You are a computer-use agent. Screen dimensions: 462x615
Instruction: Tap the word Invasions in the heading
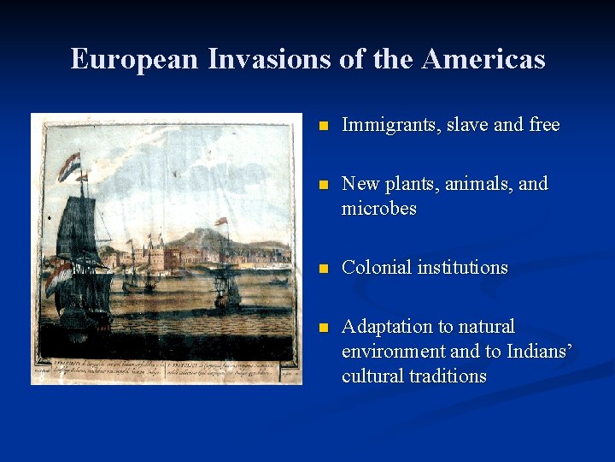(x=243, y=59)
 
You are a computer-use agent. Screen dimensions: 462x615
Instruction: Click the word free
(x=543, y=125)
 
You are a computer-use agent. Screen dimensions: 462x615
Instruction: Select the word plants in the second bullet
(x=407, y=184)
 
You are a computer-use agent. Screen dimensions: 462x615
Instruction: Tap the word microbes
(x=378, y=209)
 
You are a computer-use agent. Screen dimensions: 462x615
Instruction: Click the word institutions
(x=462, y=268)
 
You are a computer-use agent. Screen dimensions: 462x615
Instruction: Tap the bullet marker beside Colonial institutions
(x=322, y=269)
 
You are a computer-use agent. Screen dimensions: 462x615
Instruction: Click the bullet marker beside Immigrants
(x=322, y=126)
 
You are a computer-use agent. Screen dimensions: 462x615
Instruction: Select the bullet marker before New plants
(x=322, y=185)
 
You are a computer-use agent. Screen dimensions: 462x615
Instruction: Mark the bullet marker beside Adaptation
(x=322, y=328)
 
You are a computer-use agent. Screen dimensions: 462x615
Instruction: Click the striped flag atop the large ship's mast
(x=68, y=164)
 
